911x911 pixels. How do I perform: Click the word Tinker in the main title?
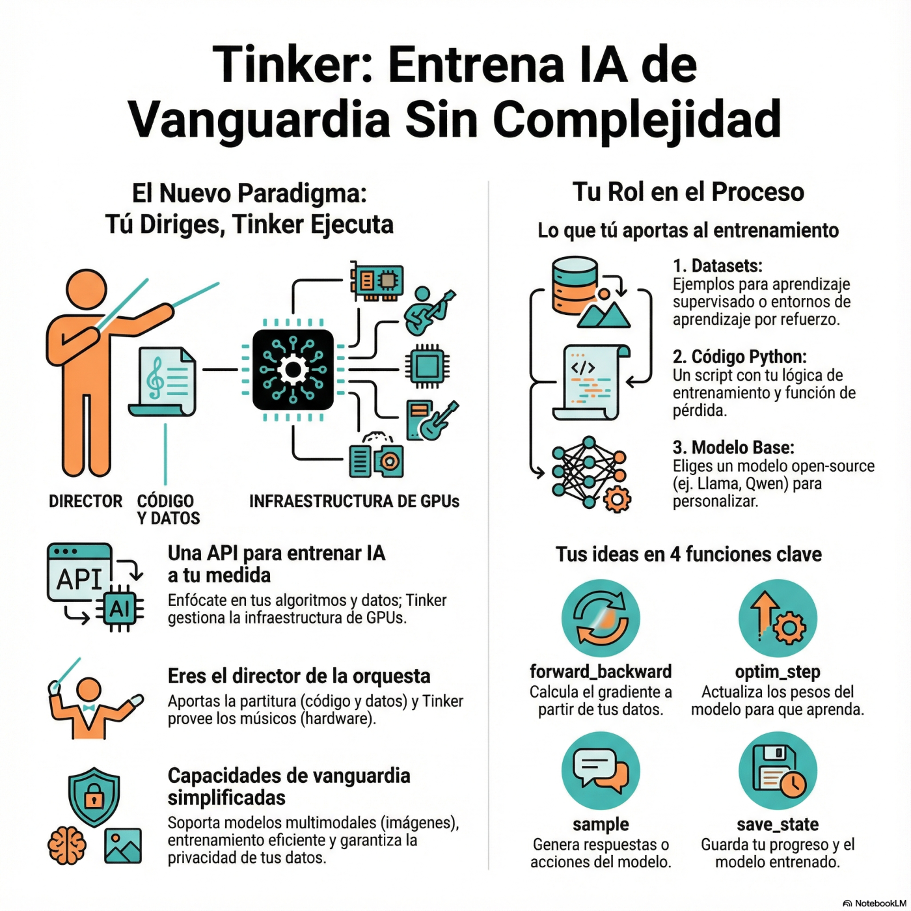pyautogui.click(x=291, y=65)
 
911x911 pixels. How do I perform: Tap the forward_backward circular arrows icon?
pyautogui.click(x=600, y=618)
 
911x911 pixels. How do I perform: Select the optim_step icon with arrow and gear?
pyautogui.click(x=778, y=618)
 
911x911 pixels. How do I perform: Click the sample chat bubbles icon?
pyautogui.click(x=600, y=771)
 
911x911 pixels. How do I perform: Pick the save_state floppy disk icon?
pyautogui.click(x=778, y=771)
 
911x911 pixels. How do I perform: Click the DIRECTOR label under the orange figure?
pyautogui.click(x=85, y=501)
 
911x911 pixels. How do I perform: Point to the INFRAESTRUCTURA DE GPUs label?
pyautogui.click(x=354, y=501)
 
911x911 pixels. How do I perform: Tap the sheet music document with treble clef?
pyautogui.click(x=163, y=382)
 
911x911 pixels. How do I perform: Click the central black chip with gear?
pyautogui.click(x=293, y=370)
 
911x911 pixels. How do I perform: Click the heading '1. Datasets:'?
pyautogui.click(x=717, y=265)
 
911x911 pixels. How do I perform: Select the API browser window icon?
pyautogui.click(x=79, y=573)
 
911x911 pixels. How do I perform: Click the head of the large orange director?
pyautogui.click(x=87, y=291)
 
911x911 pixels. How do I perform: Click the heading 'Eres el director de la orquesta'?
pyautogui.click(x=299, y=676)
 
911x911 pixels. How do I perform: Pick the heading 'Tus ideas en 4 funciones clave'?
pyautogui.click(x=688, y=554)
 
